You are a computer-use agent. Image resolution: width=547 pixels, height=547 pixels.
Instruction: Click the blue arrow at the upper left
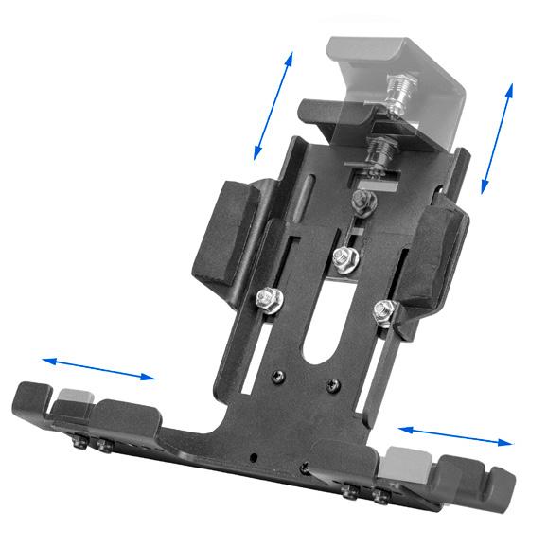[x=273, y=105]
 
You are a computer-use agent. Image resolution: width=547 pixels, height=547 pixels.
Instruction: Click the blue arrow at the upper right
[x=497, y=137]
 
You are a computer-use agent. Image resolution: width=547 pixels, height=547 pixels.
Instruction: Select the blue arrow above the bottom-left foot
[x=97, y=368]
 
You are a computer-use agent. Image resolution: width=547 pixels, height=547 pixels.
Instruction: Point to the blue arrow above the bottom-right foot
[x=455, y=434]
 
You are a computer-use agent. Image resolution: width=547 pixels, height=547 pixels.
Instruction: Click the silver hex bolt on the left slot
[x=268, y=299]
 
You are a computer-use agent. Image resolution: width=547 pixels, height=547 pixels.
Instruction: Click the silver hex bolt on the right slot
[x=384, y=309]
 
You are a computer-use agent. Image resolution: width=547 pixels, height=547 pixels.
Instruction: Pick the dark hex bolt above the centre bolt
[x=361, y=201]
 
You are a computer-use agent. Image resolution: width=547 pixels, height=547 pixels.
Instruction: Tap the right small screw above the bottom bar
[x=331, y=386]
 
